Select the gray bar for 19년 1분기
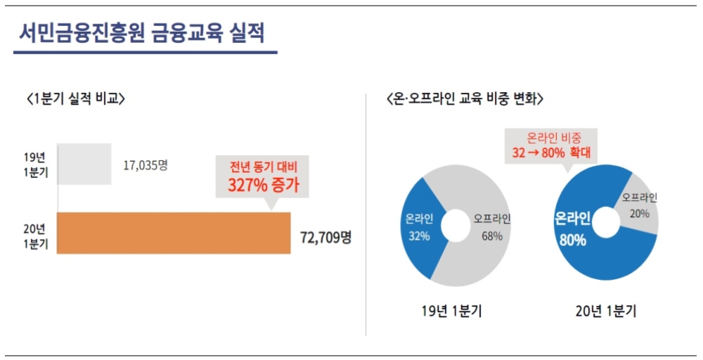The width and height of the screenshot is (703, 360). click(x=84, y=164)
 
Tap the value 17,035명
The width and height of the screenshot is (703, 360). click(x=145, y=165)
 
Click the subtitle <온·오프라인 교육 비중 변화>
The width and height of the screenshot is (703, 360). click(x=466, y=99)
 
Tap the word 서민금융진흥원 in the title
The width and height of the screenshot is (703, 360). click(x=80, y=33)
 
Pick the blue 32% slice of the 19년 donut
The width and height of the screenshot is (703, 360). click(x=420, y=225)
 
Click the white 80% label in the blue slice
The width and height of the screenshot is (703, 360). click(x=572, y=240)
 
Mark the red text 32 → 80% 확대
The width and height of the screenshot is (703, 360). click(x=552, y=151)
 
